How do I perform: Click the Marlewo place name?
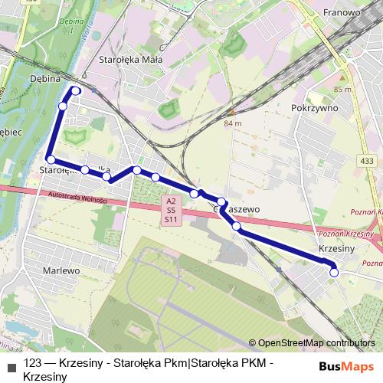[61, 270]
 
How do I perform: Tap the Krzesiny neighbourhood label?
[336, 249]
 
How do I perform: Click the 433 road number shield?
[366, 161]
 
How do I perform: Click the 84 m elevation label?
[232, 123]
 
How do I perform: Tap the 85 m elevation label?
[342, 90]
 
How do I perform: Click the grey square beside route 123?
[11, 365]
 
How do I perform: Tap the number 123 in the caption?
[33, 364]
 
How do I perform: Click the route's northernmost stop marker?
[77, 90]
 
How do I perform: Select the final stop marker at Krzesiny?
[334, 272]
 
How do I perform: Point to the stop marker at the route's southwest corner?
[51, 159]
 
